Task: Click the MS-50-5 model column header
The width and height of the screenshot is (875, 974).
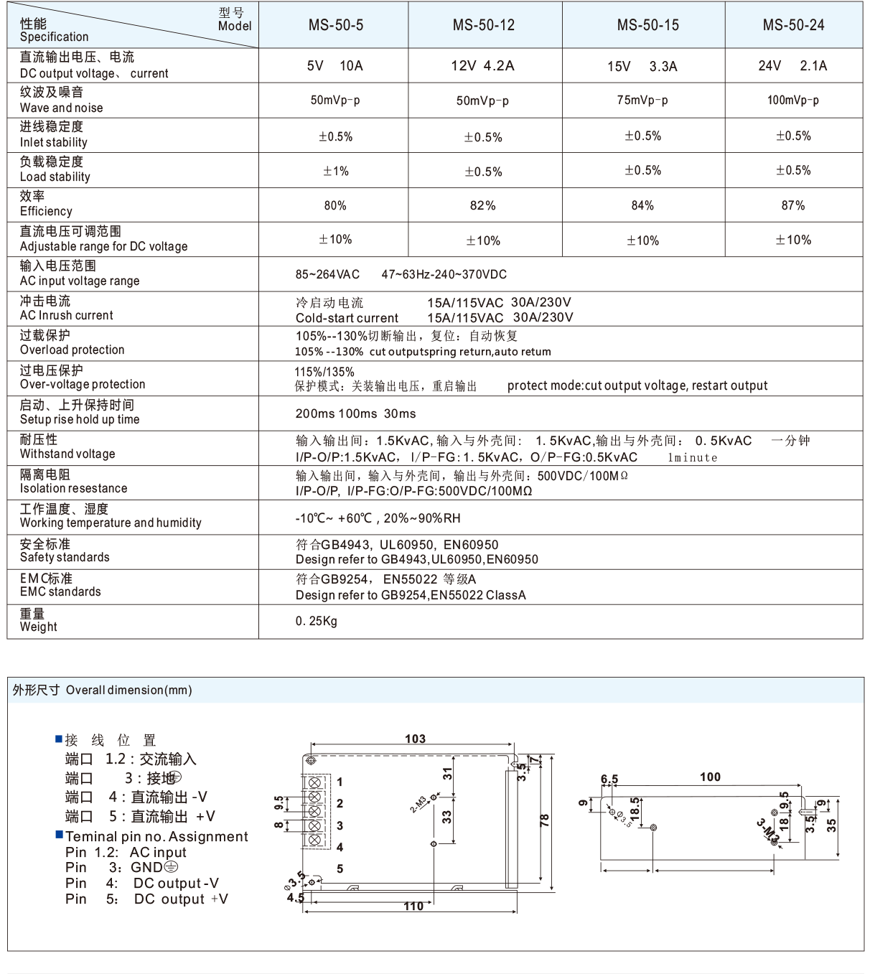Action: point(335,25)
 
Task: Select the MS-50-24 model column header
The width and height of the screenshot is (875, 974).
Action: point(793,25)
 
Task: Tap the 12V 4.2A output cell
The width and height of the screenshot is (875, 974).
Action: point(482,66)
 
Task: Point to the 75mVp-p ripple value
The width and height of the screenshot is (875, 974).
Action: point(642,100)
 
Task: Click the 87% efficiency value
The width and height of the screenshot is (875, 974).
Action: point(793,205)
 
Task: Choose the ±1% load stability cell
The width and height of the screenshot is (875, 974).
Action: point(335,171)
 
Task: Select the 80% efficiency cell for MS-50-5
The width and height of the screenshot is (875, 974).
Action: point(334,205)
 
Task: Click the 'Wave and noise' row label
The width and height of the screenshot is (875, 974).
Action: point(61,108)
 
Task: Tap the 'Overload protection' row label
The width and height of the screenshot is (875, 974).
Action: point(72,350)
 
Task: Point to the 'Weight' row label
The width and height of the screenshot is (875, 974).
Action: point(38,627)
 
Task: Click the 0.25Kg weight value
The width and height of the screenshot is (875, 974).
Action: point(316,621)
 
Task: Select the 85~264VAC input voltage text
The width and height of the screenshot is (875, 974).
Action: point(327,274)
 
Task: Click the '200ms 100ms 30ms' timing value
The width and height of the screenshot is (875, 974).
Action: point(355,413)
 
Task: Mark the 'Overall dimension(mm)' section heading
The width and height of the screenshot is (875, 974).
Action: point(128,690)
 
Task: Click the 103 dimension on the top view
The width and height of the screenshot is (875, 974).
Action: point(415,739)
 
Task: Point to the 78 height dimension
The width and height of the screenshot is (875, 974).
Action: point(545,820)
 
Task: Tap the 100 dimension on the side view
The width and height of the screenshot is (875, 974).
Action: point(710,777)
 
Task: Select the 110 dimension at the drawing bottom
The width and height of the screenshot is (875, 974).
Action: point(413,907)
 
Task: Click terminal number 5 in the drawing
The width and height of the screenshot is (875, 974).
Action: point(340,868)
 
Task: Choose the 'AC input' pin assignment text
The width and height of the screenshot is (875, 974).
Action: point(158,852)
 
